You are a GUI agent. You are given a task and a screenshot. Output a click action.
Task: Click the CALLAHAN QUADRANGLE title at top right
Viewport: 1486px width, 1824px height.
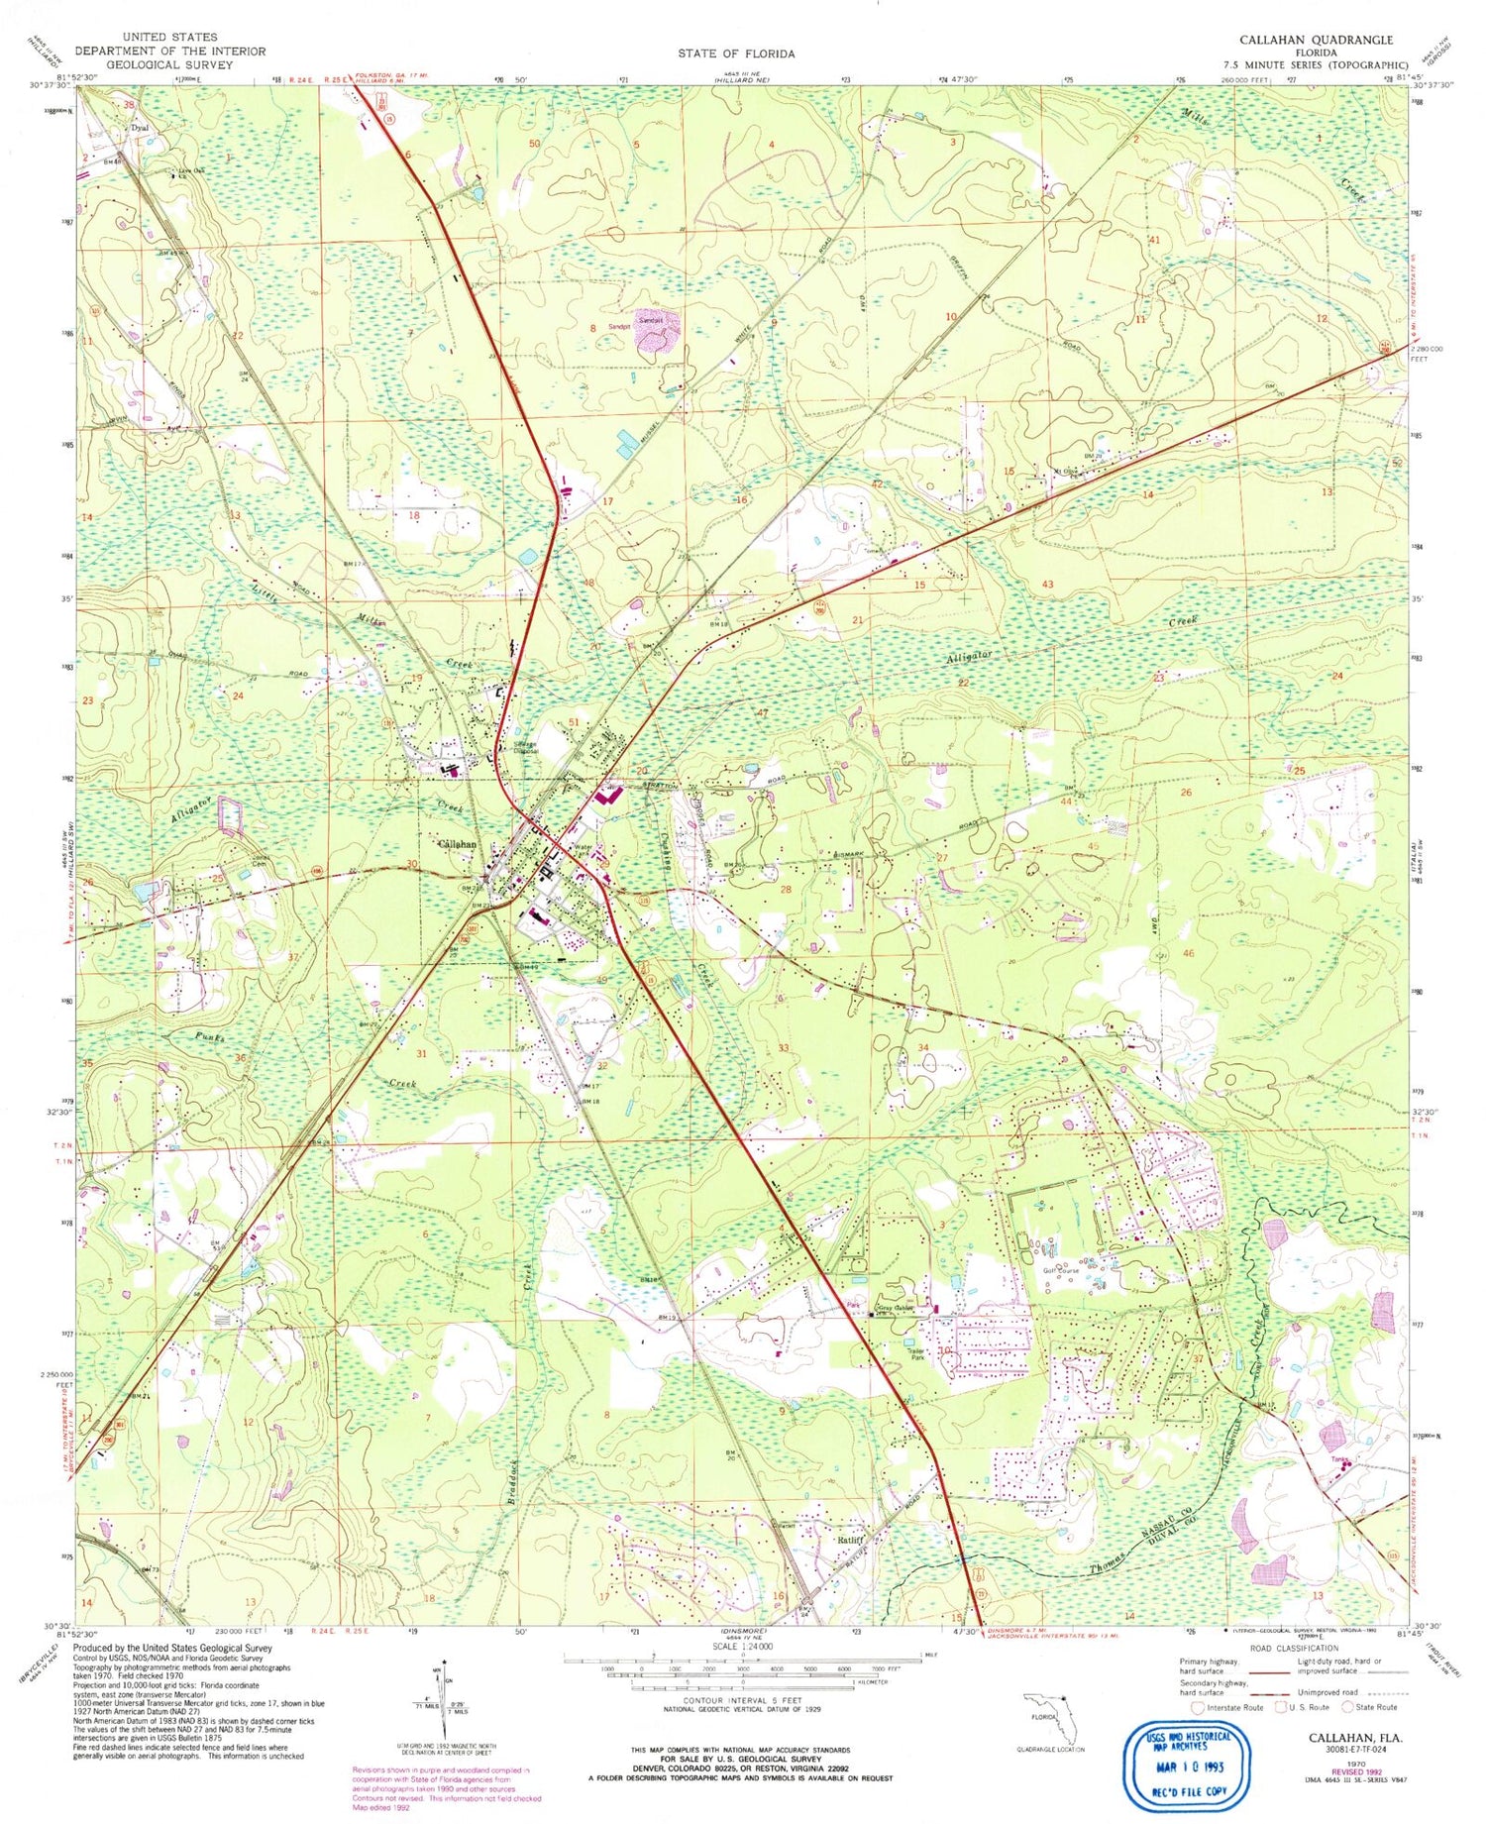pyautogui.click(x=1315, y=40)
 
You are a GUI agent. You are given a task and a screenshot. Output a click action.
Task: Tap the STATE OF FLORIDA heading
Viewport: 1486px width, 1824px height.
pyautogui.click(x=736, y=54)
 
